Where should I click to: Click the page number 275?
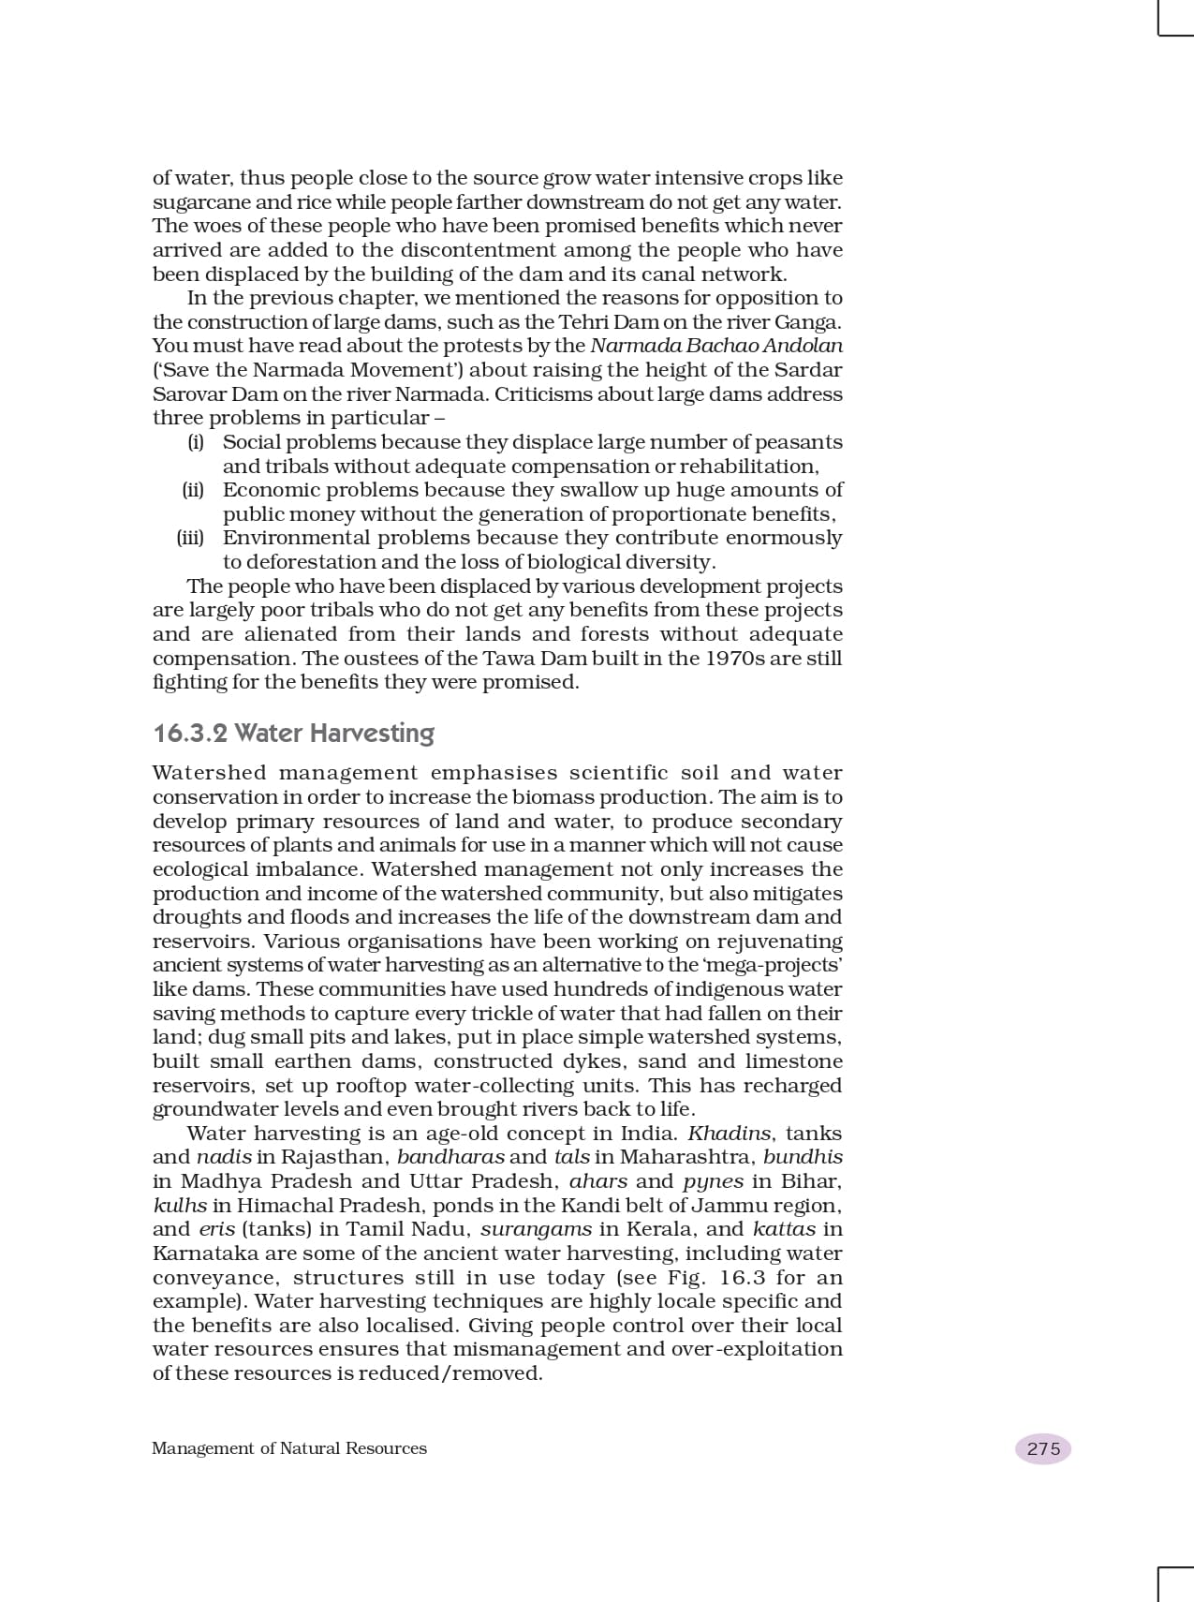[x=1043, y=1448]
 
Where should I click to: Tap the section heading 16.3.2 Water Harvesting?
[x=293, y=733]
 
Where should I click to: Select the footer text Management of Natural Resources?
[x=288, y=1448]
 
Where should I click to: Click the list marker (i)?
[x=196, y=442]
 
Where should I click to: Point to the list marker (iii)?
[x=190, y=538]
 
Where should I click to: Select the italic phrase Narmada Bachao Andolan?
[x=716, y=346]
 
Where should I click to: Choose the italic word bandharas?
[x=450, y=1157]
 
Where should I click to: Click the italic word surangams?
[x=536, y=1229]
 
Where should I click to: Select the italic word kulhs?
[x=180, y=1205]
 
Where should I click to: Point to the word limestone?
[x=794, y=1061]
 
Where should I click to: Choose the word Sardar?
[x=808, y=370]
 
